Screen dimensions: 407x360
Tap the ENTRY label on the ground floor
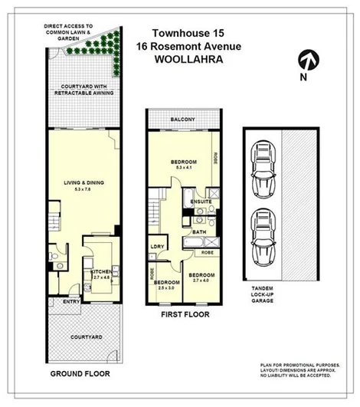tap(71, 301)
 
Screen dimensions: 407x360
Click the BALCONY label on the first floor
tap(183, 120)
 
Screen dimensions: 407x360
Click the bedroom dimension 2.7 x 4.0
tap(201, 281)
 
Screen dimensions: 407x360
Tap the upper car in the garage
tap(263, 167)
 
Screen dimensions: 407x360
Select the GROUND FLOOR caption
tap(80, 374)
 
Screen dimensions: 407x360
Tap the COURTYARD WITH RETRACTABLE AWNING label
tap(84, 89)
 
